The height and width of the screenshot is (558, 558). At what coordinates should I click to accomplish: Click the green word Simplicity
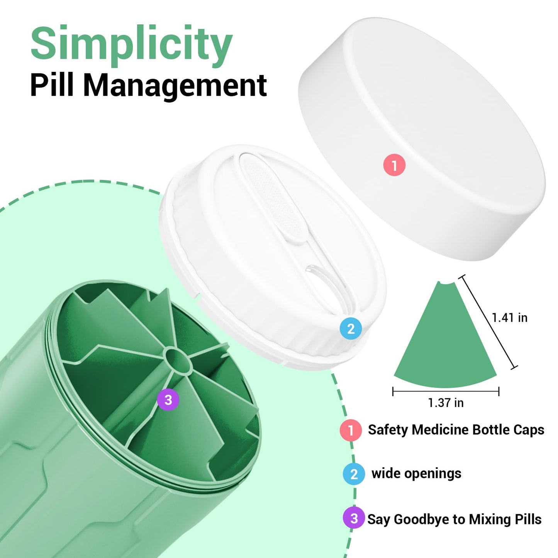click(132, 46)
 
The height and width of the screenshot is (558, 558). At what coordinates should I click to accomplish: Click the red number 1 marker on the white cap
click(394, 165)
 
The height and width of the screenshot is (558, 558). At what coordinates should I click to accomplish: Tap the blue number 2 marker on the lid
click(351, 329)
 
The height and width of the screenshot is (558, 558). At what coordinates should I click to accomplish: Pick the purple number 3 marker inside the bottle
click(168, 400)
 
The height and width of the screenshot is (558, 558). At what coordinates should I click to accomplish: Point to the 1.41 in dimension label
click(510, 318)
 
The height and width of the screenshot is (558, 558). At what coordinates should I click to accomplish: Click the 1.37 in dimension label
click(446, 402)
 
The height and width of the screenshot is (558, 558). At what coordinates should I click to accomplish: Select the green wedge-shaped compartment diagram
click(445, 339)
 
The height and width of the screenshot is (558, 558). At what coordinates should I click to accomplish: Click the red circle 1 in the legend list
click(351, 430)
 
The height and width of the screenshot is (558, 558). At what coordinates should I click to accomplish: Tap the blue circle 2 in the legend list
click(354, 474)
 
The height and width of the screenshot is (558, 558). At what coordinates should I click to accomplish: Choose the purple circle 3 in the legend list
click(354, 519)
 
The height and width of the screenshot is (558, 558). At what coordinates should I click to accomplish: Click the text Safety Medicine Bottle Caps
click(456, 430)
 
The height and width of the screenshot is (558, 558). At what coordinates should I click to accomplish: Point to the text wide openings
click(416, 474)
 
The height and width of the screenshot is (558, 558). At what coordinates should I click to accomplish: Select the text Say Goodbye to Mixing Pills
click(455, 519)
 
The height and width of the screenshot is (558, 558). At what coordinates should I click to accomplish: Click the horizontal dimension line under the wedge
click(446, 392)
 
